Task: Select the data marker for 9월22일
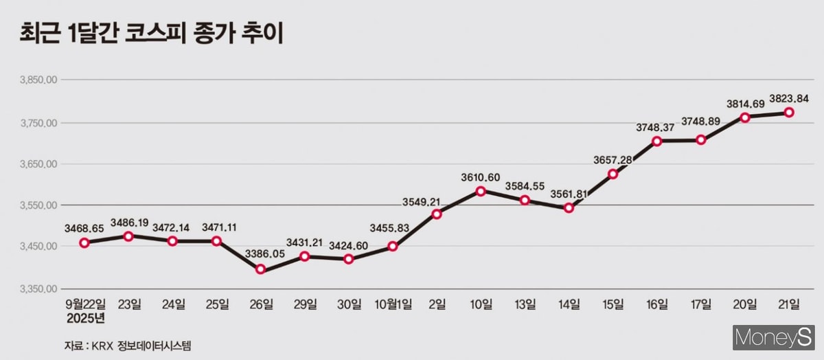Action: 84,243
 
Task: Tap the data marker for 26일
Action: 261,269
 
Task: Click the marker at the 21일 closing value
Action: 790,112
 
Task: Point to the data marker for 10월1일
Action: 393,246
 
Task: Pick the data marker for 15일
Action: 613,174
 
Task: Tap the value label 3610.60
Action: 481,178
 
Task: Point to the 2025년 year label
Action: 86,318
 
